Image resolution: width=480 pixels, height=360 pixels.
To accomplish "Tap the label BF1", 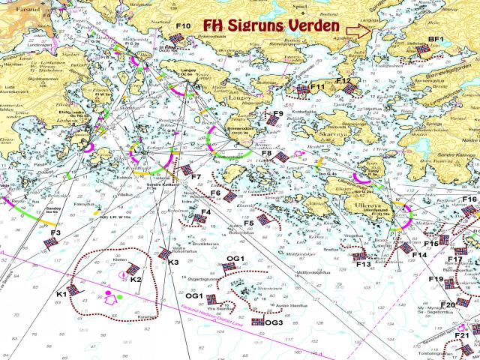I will pyautogui.click(x=436, y=38).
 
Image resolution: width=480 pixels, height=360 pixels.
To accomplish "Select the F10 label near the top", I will pyautogui.click(x=184, y=26).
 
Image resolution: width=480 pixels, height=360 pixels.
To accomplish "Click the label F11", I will pyautogui.click(x=317, y=87).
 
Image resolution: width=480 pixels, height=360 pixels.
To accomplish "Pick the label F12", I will pyautogui.click(x=343, y=80).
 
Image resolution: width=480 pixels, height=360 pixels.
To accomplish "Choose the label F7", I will pyautogui.click(x=196, y=177).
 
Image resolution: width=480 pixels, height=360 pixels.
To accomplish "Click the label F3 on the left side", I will pyautogui.click(x=55, y=233).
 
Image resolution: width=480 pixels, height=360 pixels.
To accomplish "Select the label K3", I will pyautogui.click(x=173, y=262).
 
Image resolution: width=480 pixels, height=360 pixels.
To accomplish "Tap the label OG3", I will pyautogui.click(x=274, y=322).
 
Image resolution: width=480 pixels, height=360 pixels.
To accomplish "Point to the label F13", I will pyautogui.click(x=364, y=264).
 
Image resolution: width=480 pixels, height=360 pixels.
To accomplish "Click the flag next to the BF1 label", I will pyautogui.click(x=423, y=49).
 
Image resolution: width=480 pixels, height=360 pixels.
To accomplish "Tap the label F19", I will pyautogui.click(x=436, y=279).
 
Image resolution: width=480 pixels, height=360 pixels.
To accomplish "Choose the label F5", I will pyautogui.click(x=248, y=223).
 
